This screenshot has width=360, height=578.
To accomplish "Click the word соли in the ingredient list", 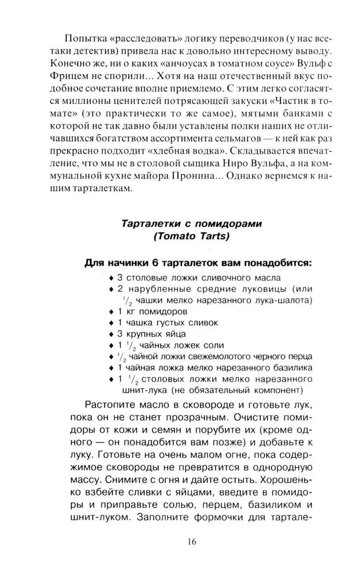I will pyautogui.click(x=200, y=346).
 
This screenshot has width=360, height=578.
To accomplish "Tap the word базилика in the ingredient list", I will pyautogui.click(x=292, y=368).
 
